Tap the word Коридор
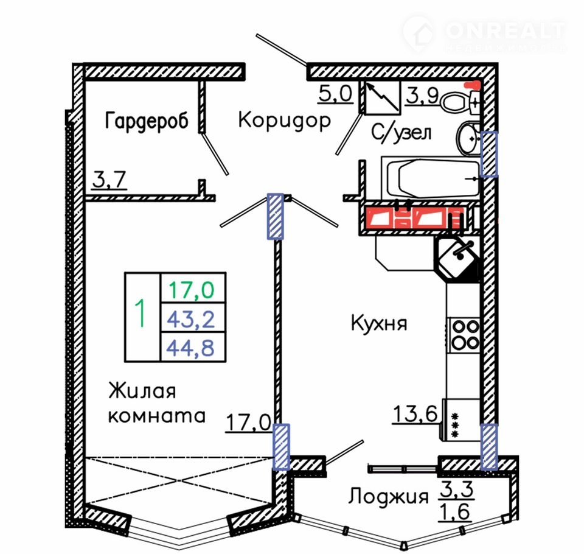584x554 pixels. [x=284, y=120]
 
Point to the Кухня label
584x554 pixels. [x=378, y=323]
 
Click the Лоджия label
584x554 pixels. [x=388, y=497]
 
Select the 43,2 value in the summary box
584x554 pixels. [x=192, y=317]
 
